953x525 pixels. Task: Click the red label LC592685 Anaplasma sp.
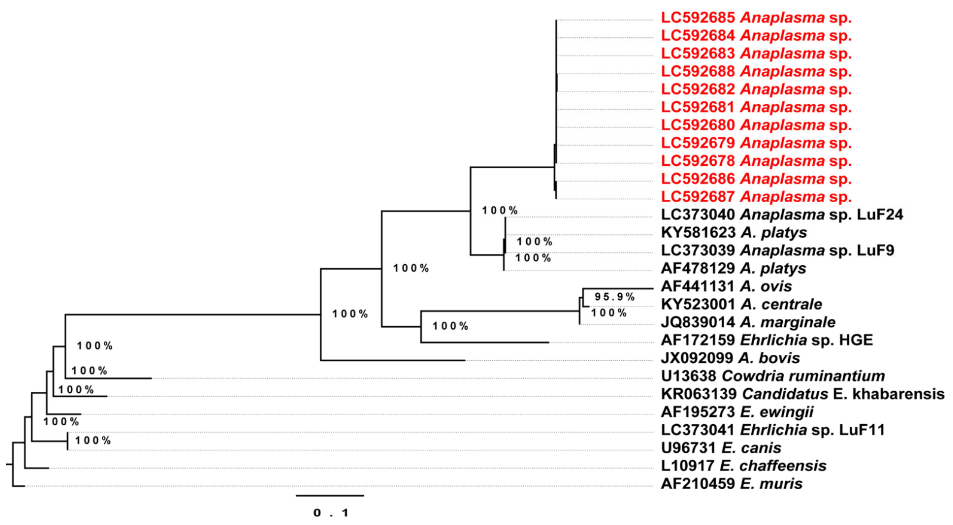click(x=756, y=18)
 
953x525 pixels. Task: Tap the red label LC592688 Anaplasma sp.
click(x=756, y=71)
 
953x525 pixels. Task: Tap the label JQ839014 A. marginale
click(x=748, y=322)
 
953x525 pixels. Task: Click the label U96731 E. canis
click(x=721, y=448)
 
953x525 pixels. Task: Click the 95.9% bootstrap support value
click(x=615, y=297)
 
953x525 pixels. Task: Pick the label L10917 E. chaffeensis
click(x=744, y=466)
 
